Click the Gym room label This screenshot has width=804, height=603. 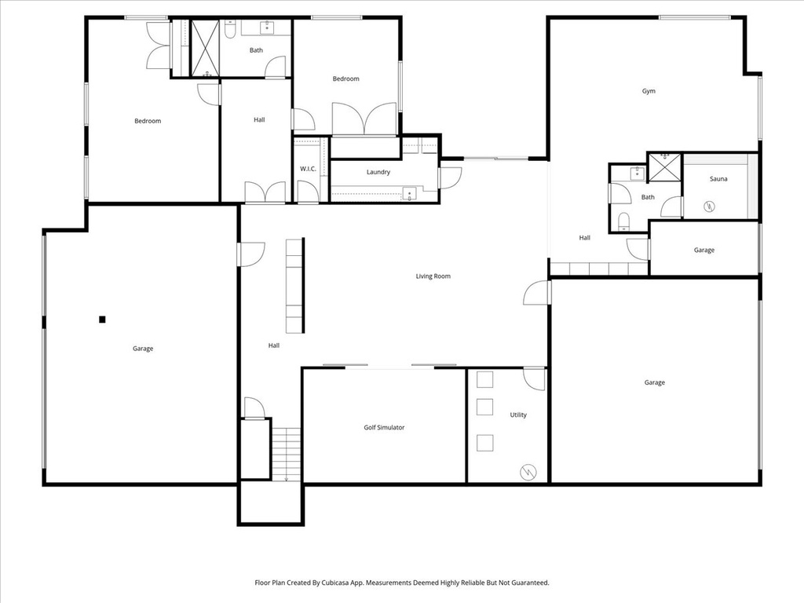click(x=649, y=91)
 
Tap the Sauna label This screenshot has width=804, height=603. click(x=718, y=179)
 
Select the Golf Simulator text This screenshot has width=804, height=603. click(x=384, y=428)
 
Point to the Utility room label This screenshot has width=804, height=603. click(x=518, y=415)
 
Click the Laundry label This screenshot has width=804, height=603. click(x=378, y=172)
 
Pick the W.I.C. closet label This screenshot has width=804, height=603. click(x=308, y=169)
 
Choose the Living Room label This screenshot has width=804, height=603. click(x=433, y=276)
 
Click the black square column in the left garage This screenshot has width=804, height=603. click(x=102, y=319)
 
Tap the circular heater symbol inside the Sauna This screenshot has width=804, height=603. click(x=709, y=206)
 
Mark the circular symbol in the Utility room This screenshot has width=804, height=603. click(x=528, y=472)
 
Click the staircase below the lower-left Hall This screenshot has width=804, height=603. click(x=287, y=453)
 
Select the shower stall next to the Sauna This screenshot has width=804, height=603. click(x=663, y=166)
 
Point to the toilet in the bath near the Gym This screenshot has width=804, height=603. click(x=623, y=220)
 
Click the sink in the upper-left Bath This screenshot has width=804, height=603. click(x=265, y=28)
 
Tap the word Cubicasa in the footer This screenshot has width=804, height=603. click(x=356, y=583)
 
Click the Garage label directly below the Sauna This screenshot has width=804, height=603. click(x=703, y=250)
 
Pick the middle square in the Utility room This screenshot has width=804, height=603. click(x=485, y=407)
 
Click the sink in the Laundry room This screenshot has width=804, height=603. click(x=407, y=192)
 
